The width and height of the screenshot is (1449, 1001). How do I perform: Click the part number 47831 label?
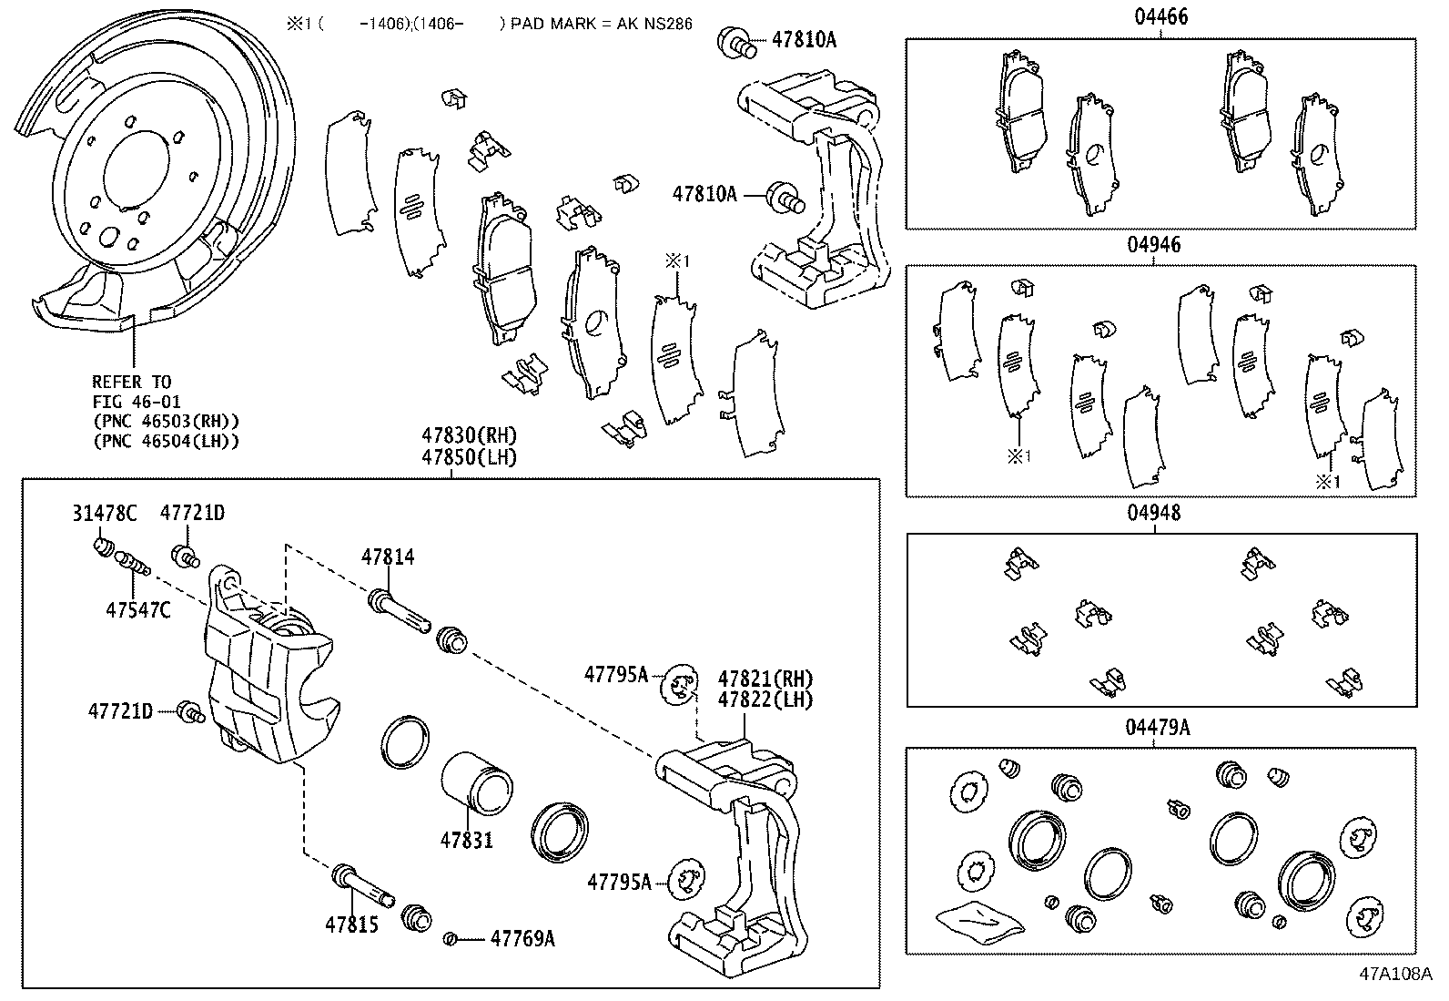(466, 839)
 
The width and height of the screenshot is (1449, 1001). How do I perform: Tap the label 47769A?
(522, 937)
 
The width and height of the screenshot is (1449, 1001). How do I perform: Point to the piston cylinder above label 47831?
(477, 781)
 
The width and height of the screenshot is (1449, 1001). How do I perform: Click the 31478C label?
(104, 513)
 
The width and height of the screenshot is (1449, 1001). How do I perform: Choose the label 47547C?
(137, 610)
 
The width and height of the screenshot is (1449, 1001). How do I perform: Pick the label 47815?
(351, 924)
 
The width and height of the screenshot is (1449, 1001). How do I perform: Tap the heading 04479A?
(1157, 727)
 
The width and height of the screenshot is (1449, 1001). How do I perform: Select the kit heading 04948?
(1154, 512)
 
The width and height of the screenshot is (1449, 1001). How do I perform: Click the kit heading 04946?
(1153, 244)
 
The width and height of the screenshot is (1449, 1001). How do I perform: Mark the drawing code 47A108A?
(1395, 972)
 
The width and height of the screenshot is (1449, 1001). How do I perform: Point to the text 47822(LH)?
(765, 699)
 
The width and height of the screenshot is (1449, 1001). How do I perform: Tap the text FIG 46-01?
(136, 401)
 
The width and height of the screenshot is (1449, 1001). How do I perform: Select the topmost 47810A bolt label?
(803, 39)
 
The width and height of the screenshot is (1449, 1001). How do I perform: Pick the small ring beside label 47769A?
(449, 938)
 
